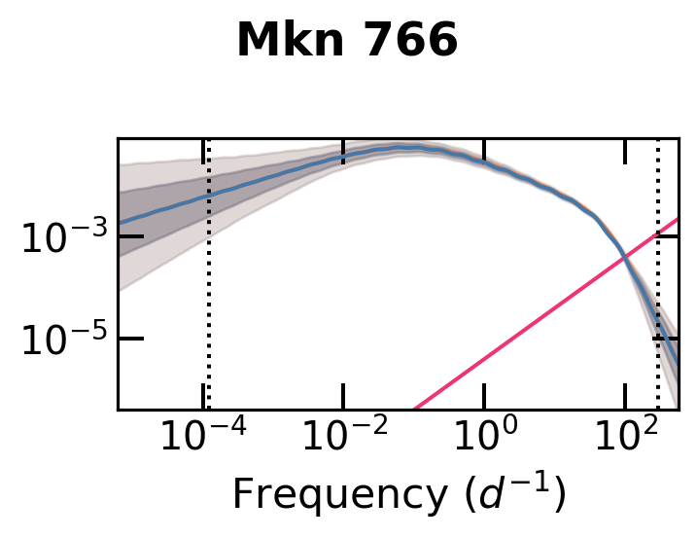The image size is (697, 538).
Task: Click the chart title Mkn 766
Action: click(x=347, y=42)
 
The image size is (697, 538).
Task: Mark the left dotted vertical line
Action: click(x=208, y=292)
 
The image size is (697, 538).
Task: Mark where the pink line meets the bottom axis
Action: click(x=414, y=409)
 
